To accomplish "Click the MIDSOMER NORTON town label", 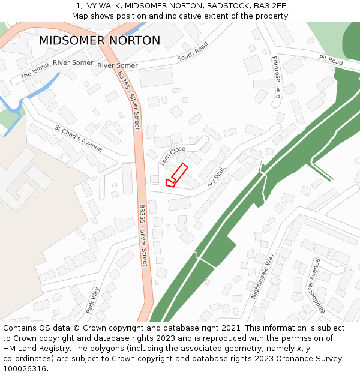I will click(x=100, y=41).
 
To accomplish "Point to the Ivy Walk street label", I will click(x=216, y=177).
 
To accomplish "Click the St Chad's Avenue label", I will click(x=78, y=138).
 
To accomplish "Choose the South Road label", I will click(x=193, y=52).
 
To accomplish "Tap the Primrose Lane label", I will click(x=276, y=77).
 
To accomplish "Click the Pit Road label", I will click(x=331, y=61).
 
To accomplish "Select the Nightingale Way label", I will click(x=262, y=276).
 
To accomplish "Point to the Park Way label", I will click(x=93, y=300).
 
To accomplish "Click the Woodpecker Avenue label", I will click(x=313, y=287).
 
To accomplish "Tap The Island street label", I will click(x=34, y=73).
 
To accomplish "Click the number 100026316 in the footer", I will click(x=24, y=369).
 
